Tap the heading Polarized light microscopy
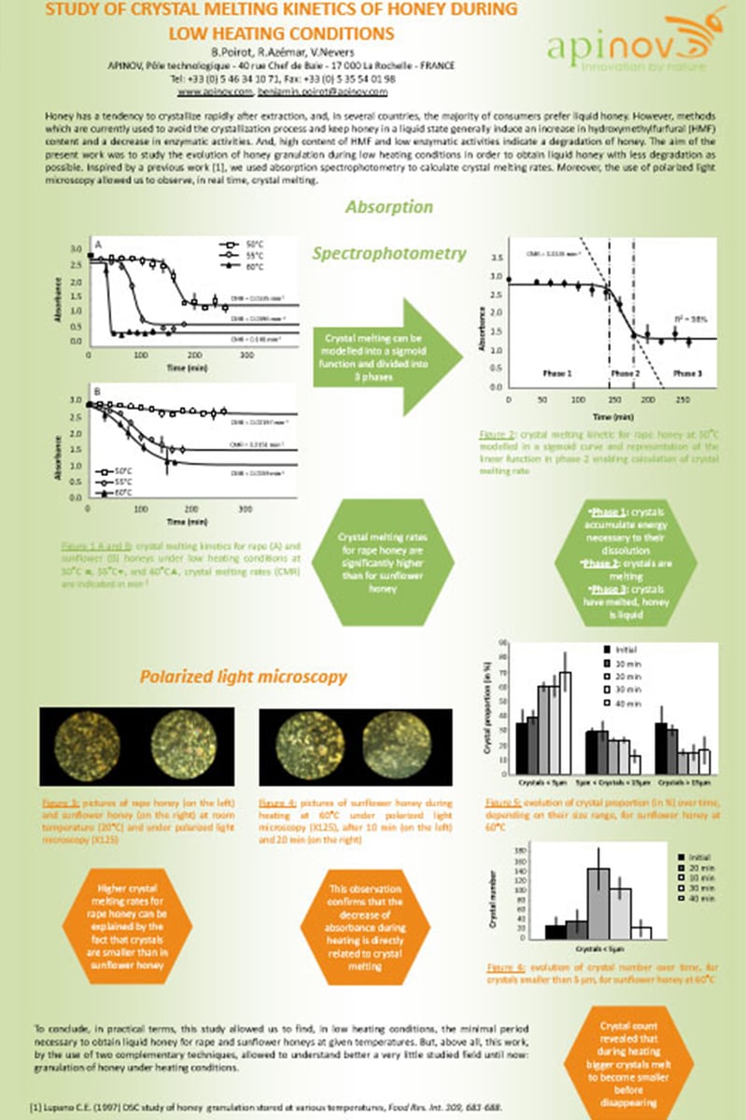click(244, 676)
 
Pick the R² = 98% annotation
click(687, 319)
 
